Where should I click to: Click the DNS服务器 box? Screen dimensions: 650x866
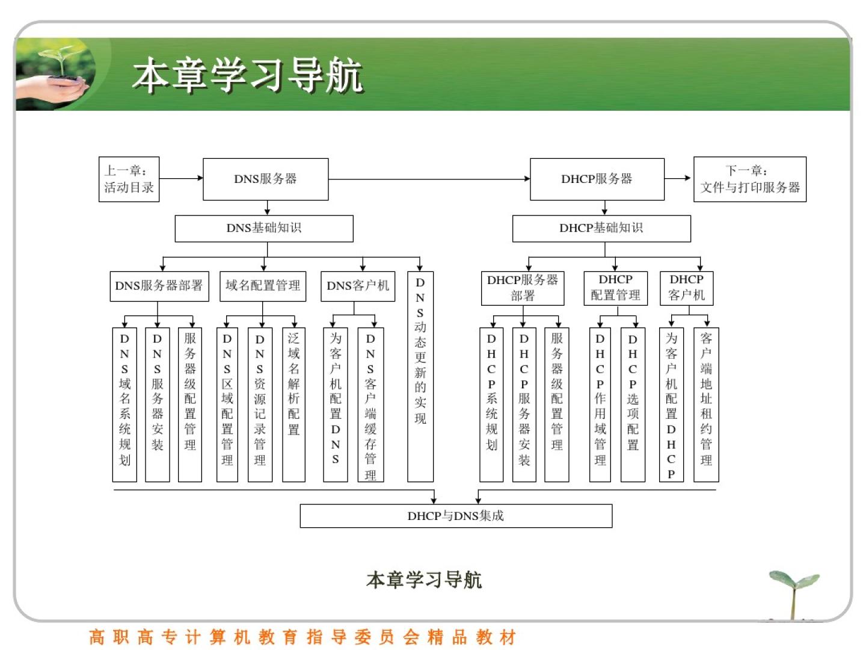[265, 179]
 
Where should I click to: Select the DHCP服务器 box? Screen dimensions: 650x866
[597, 179]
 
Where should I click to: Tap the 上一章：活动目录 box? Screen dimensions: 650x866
[129, 179]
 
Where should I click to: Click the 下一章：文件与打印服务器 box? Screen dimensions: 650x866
[749, 179]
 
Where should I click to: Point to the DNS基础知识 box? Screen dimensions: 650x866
[263, 228]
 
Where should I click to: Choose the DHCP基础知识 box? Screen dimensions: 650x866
[601, 228]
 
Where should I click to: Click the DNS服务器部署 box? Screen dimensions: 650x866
[159, 286]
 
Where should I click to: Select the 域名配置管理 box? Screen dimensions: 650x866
[262, 286]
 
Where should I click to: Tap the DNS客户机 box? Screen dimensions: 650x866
[358, 286]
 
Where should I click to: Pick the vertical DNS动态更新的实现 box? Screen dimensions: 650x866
[420, 376]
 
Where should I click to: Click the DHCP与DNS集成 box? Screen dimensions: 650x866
[455, 516]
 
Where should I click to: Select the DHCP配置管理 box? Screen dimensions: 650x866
[615, 288]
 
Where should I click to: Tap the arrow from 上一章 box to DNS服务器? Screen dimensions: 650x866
[181, 178]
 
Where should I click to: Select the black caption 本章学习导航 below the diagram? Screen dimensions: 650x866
[424, 580]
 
